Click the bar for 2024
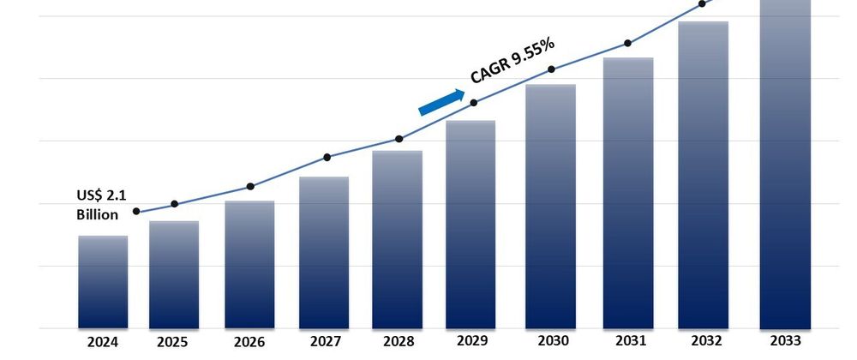[103, 282]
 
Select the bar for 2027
[324, 252]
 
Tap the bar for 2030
[550, 206]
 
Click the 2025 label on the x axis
[173, 342]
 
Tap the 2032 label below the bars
[703, 342]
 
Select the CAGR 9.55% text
[512, 62]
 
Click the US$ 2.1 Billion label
[100, 207]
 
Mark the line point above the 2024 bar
[136, 212]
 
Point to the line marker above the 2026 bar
[249, 186]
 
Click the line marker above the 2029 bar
[475, 103]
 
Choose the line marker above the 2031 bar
[628, 43]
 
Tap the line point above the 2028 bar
[399, 139]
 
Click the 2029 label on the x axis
[470, 342]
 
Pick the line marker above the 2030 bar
[551, 69]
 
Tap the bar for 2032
[703, 175]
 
